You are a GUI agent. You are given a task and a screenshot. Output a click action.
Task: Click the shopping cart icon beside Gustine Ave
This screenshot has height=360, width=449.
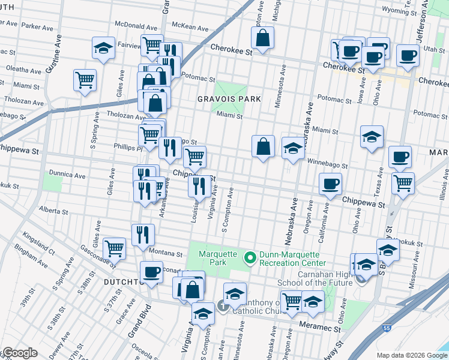coord(85,80)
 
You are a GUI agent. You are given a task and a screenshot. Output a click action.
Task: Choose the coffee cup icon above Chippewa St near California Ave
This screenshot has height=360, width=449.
coord(330,184)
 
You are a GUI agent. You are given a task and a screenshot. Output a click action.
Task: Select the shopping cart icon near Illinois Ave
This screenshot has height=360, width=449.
coord(403,183)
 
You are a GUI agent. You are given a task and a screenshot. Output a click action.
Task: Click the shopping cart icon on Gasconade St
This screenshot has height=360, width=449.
coord(114,248)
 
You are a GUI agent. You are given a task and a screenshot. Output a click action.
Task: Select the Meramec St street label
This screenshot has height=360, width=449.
coord(320,329)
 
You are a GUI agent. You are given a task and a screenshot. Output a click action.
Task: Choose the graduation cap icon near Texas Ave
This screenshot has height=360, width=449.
coord(372,137)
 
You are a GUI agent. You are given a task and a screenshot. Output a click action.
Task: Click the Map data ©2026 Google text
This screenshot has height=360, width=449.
coord(411,355)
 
